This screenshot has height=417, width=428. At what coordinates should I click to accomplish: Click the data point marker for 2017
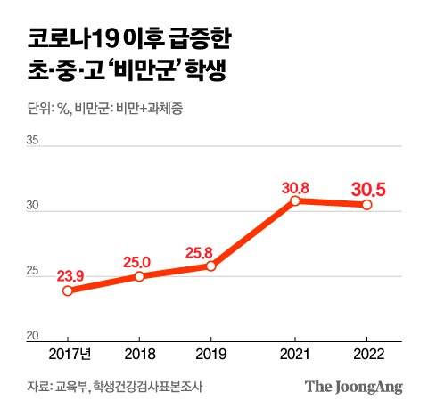point(68,290)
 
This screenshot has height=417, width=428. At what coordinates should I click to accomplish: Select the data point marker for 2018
point(139,276)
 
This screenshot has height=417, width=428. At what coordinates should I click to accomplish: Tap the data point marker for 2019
point(210,266)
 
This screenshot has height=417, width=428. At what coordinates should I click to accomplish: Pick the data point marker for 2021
point(295,200)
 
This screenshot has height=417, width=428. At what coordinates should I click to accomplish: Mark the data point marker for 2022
point(366,205)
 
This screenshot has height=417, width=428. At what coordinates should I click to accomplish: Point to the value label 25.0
point(138,261)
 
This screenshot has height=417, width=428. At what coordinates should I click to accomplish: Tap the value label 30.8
point(294,185)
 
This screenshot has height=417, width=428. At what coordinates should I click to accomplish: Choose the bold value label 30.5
point(367,188)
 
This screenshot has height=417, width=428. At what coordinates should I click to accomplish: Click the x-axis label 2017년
point(68,353)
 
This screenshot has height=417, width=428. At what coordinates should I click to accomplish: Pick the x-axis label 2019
point(210,353)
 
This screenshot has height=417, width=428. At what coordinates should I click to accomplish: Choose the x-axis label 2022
point(366,353)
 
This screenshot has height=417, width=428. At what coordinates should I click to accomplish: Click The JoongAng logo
point(354,387)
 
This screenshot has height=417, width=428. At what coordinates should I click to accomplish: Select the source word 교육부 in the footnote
point(70,387)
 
